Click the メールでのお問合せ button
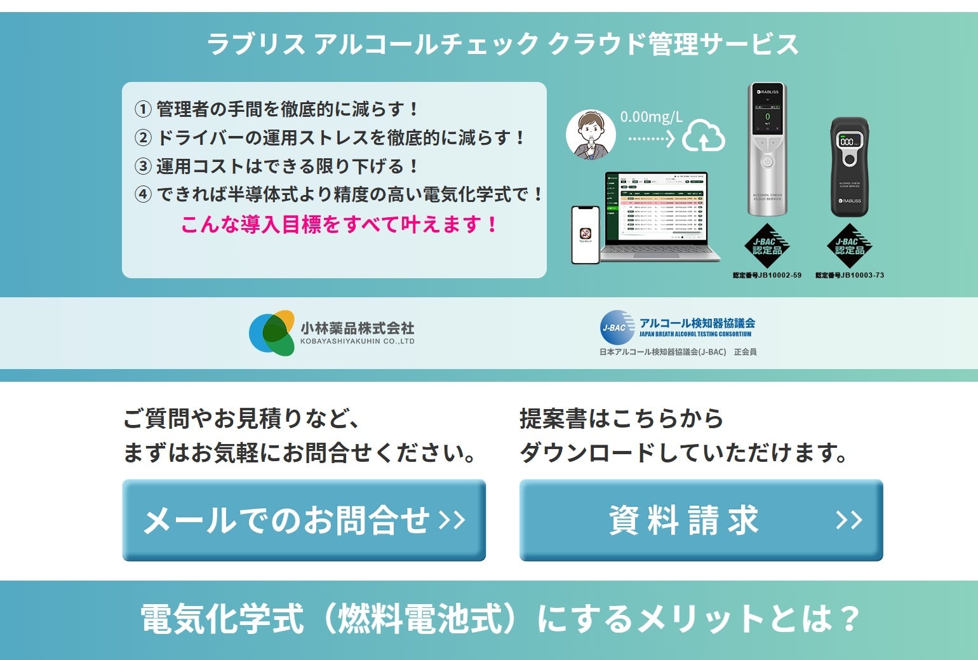[304, 520]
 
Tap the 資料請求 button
[701, 520]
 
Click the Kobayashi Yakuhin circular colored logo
[272, 333]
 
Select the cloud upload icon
[704, 135]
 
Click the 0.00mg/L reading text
[651, 117]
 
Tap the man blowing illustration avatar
[591, 135]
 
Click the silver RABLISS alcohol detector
[767, 149]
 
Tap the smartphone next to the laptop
[586, 234]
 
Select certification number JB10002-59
[767, 276]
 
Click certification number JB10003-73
[850, 276]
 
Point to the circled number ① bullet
[143, 109]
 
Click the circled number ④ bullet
[143, 194]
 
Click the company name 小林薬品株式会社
[357, 328]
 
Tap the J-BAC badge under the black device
[850, 246]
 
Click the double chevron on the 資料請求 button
[849, 520]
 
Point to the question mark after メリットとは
[847, 618]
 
